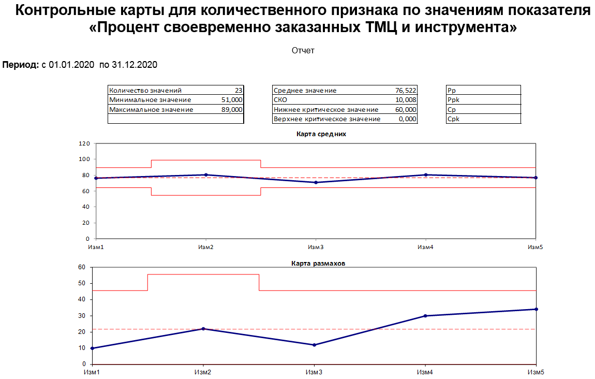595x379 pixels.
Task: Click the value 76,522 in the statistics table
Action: point(405,90)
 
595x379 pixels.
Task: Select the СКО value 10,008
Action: point(405,99)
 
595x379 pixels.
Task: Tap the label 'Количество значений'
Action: point(145,90)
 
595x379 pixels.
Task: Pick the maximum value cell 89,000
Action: point(231,109)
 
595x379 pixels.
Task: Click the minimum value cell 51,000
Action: point(231,99)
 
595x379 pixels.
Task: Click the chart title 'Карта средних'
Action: point(321,134)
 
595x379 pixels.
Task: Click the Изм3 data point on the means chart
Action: point(316,182)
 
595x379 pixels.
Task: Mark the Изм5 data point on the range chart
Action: point(536,309)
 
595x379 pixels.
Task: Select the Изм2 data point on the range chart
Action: point(203,329)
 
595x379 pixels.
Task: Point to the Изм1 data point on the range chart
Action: point(92,348)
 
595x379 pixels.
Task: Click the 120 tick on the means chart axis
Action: point(84,143)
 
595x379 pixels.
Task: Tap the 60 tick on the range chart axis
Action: point(81,267)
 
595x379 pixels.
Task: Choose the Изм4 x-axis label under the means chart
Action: point(425,247)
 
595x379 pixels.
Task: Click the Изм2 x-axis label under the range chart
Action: point(203,372)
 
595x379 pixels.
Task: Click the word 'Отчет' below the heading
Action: point(303,50)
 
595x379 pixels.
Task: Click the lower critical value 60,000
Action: point(405,109)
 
